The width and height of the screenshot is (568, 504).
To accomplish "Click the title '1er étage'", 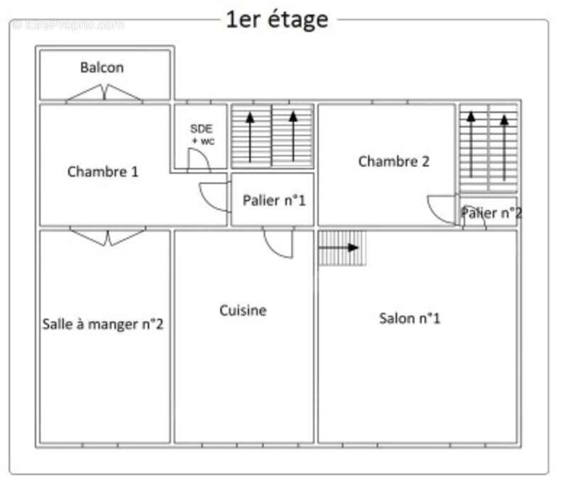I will (x=277, y=19).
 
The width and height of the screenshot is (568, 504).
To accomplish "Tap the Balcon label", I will (x=102, y=67).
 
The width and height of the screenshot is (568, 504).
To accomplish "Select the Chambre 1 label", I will (x=103, y=171).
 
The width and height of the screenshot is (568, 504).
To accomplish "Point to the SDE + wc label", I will (x=202, y=134).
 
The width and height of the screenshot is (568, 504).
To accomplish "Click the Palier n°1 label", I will (x=273, y=200).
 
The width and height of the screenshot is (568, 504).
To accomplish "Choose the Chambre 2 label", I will (x=393, y=161).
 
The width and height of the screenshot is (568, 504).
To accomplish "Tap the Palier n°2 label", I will (x=491, y=212).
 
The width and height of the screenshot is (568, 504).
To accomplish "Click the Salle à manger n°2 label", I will (x=104, y=324).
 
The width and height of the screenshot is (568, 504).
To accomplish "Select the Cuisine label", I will (x=243, y=310).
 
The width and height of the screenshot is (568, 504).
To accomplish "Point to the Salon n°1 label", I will (x=410, y=318).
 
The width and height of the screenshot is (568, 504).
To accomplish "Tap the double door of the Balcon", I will (x=105, y=93).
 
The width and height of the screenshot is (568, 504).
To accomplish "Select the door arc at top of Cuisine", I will (x=278, y=243).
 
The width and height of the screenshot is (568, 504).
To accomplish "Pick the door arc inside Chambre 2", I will (x=442, y=209).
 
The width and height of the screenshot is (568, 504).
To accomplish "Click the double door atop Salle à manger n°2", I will (x=108, y=237).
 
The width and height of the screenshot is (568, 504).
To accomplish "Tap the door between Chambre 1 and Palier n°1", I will (x=214, y=197).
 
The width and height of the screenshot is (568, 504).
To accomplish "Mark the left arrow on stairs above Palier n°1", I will (x=249, y=136).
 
